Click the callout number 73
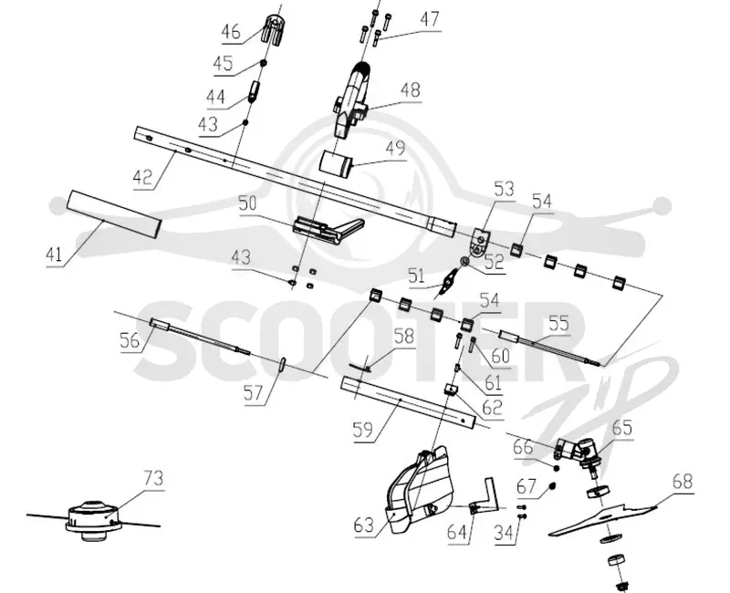point(153,478)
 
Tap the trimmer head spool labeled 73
point(95,520)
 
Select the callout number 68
point(682,482)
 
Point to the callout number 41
point(54,255)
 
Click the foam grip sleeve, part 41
point(115,213)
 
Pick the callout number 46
point(231,32)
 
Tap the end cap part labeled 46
point(275,28)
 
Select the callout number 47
point(429,19)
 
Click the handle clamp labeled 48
point(352,99)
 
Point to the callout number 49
point(395,149)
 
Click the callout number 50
point(247,203)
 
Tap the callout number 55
point(558,323)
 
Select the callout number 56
point(130,340)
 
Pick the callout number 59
point(363,430)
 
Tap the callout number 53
point(505,189)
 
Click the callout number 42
point(142,177)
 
